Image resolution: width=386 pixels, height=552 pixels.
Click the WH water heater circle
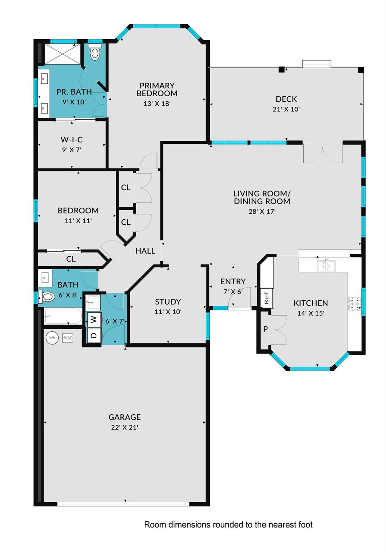[52, 338]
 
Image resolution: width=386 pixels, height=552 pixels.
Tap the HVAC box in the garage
[68, 338]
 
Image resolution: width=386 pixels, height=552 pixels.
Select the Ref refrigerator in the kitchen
[267, 298]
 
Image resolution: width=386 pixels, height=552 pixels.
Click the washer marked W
[94, 319]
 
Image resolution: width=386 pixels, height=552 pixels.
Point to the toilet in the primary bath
[95, 52]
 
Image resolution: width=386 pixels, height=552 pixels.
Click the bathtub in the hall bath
[63, 316]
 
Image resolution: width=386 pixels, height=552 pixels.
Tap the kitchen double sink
[326, 266]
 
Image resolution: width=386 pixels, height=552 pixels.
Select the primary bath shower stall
[63, 54]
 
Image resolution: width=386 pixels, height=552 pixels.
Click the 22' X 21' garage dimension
[124, 427]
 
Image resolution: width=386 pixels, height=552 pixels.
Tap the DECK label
[286, 99]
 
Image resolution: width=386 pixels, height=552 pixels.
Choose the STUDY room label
[168, 302]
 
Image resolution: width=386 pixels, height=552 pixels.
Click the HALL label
[145, 251]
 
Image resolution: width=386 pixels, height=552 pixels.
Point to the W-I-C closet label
[72, 139]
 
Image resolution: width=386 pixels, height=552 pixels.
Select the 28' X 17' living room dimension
[262, 212]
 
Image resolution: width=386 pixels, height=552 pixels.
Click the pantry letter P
[265, 329]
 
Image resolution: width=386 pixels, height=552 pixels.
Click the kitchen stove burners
[354, 303]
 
